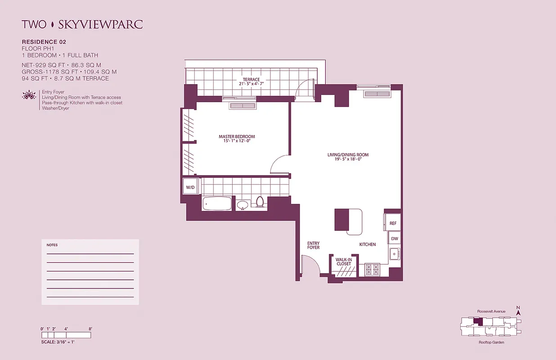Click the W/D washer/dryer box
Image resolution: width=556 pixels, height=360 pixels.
190,187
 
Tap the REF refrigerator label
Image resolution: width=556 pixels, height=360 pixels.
393,223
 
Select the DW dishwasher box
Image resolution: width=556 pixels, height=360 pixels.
394,239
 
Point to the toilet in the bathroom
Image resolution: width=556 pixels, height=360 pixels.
259,202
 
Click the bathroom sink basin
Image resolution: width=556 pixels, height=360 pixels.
242,205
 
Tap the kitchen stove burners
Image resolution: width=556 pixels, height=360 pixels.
372,269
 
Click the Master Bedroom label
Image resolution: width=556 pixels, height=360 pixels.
237,139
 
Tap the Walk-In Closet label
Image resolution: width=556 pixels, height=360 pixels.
343,261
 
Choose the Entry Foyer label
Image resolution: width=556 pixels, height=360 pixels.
313,246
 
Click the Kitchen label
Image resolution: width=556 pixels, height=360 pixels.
367,244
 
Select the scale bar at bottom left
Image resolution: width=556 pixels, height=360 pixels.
66,335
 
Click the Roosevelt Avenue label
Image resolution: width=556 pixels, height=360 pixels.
491,311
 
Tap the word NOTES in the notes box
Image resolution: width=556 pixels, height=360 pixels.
52,245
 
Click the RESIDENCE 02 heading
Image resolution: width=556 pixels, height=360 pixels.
44,42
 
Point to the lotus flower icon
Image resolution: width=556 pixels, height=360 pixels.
28,95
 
